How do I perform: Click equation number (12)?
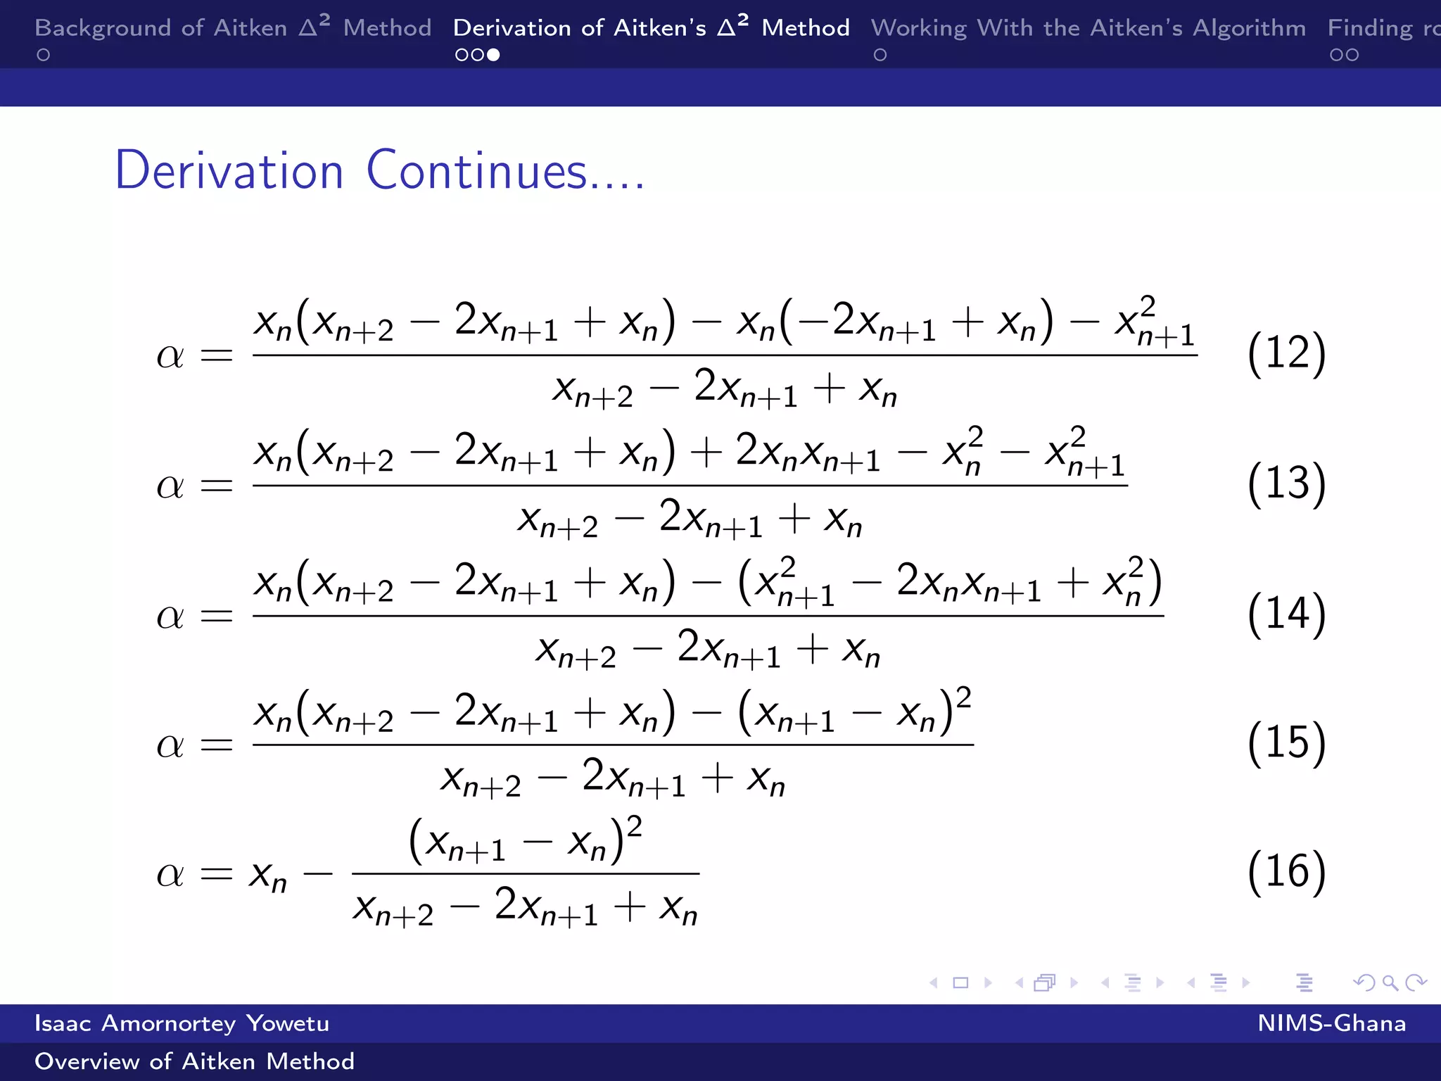[x=1286, y=353]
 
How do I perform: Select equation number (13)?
[x=1286, y=483]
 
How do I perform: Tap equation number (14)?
[x=1286, y=614]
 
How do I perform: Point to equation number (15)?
[x=1286, y=742]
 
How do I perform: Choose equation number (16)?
[x=1286, y=872]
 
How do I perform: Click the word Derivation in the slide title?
[x=229, y=171]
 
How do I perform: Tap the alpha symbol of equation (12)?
[x=170, y=355]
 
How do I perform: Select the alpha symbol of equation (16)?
[x=170, y=875]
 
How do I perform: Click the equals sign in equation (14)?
[x=216, y=617]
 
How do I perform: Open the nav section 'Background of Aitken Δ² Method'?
[x=232, y=28]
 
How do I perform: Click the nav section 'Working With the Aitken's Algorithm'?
[x=1088, y=28]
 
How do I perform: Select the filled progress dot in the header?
[x=494, y=55]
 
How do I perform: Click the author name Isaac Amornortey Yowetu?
[x=182, y=1023]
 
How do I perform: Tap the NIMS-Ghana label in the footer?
[x=1331, y=1023]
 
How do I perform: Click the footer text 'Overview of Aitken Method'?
[x=194, y=1061]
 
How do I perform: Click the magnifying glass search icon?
[x=1390, y=982]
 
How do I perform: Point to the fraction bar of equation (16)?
[x=525, y=873]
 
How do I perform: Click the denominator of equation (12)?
[x=725, y=388]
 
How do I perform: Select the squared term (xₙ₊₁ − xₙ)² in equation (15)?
[x=854, y=712]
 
